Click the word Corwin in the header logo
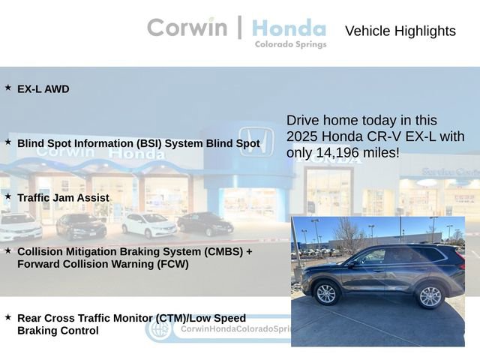[x=187, y=28]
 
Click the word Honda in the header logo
[x=289, y=28]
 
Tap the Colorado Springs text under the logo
[x=290, y=44]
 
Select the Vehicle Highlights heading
[x=400, y=31]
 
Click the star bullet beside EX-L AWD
[x=8, y=88]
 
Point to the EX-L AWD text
[x=43, y=89]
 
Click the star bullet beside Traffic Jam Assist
[x=8, y=196]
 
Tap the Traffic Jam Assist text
[x=63, y=198]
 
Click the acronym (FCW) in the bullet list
[x=170, y=264]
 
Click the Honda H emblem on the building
[x=255, y=141]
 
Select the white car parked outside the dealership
[x=148, y=224]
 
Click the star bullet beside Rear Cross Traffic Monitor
[x=8, y=317]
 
